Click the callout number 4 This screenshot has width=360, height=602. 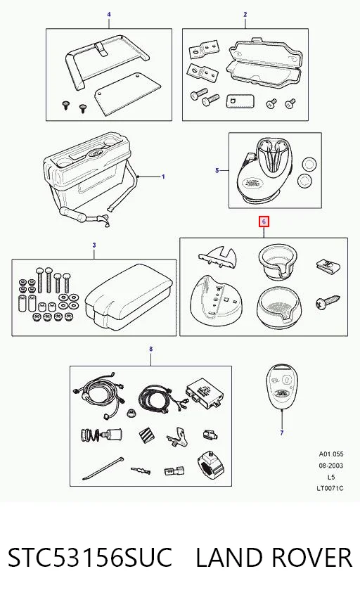pyautogui.click(x=109, y=15)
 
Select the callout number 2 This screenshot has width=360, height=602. pyautogui.click(x=245, y=15)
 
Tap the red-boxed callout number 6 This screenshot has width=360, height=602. pyautogui.click(x=264, y=222)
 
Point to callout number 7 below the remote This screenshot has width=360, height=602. pyautogui.click(x=282, y=433)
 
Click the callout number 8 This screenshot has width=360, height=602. pyautogui.click(x=151, y=349)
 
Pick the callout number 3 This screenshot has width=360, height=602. pyautogui.click(x=94, y=245)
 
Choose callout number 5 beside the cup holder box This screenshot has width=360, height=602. pyautogui.click(x=217, y=170)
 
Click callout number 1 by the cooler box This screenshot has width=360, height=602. pyautogui.click(x=163, y=177)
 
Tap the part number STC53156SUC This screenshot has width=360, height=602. pyautogui.click(x=90, y=557)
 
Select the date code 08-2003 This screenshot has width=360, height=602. pyautogui.click(x=331, y=466)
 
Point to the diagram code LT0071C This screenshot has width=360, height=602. pyautogui.click(x=330, y=488)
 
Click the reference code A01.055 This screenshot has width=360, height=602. pyautogui.click(x=331, y=454)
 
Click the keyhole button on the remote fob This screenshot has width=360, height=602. pyautogui.click(x=286, y=379)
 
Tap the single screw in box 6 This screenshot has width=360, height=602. pyautogui.click(x=328, y=302)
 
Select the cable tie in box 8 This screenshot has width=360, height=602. pyautogui.click(x=103, y=468)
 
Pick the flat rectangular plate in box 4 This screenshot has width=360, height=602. pyautogui.click(x=128, y=93)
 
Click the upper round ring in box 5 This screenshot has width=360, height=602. pyautogui.click(x=309, y=165)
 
